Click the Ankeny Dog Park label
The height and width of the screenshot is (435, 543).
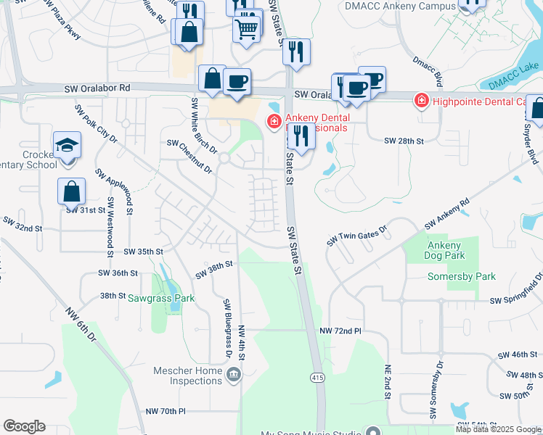pyautogui.click(x=443, y=251)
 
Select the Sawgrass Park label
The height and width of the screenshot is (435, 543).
pyautogui.click(x=161, y=298)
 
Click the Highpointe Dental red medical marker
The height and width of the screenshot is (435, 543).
pyautogui.click(x=420, y=101)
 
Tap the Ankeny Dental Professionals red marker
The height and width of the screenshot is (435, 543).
pyautogui.click(x=274, y=121)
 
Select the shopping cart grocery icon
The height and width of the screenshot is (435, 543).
pyautogui.click(x=246, y=29)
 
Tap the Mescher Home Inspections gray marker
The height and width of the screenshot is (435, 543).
pyautogui.click(x=234, y=375)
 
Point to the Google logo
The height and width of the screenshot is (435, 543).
pyautogui.click(x=24, y=426)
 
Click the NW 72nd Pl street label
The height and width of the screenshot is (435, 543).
pyautogui.click(x=340, y=331)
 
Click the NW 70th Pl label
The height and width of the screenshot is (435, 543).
pyautogui.click(x=165, y=411)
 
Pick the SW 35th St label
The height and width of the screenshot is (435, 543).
pyautogui.click(x=143, y=251)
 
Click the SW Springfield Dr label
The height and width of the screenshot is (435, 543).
pyautogui.click(x=516, y=299)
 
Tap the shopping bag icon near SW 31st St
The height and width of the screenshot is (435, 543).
pyautogui.click(x=72, y=191)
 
